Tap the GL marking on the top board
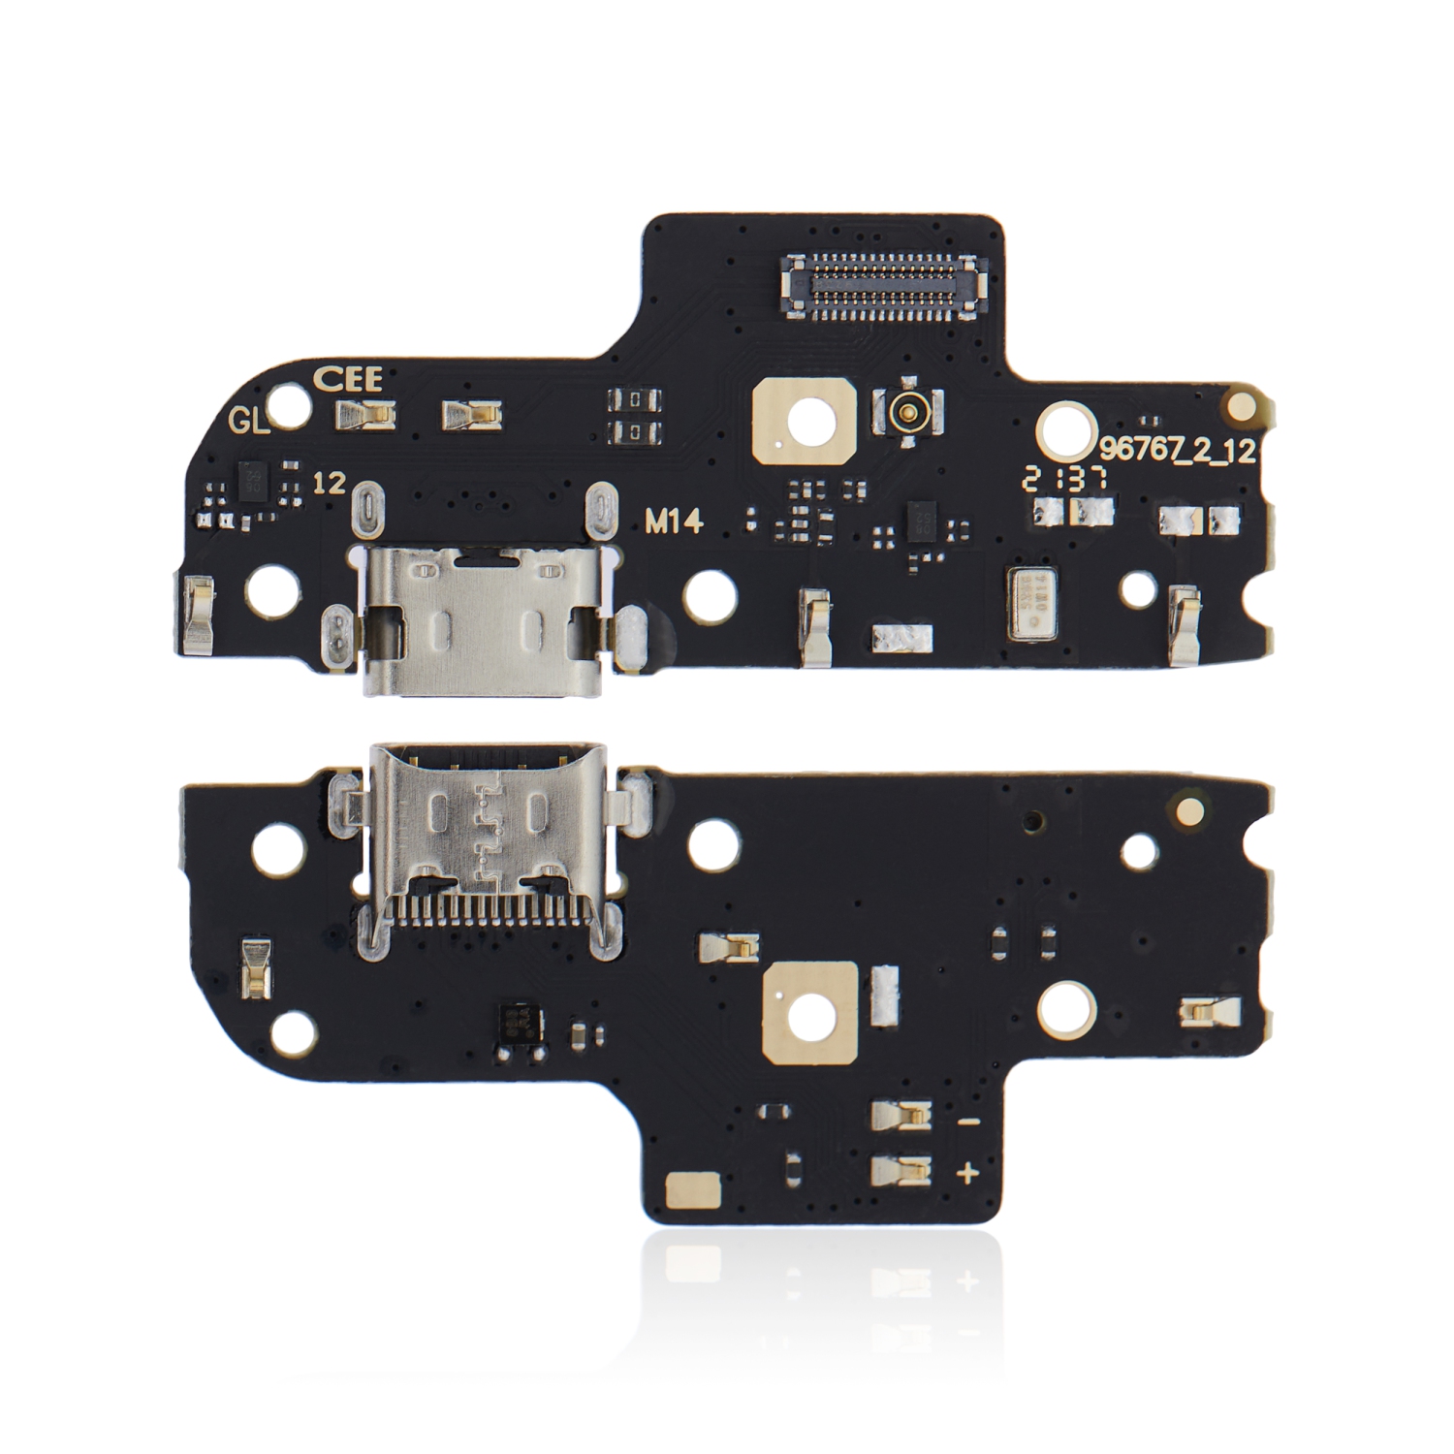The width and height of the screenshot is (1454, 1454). (247, 420)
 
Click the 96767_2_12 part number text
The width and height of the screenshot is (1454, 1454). (1178, 450)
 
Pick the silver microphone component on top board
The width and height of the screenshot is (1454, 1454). (1033, 605)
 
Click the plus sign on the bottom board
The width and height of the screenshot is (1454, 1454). (967, 1174)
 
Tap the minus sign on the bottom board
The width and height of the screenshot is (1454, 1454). (967, 1122)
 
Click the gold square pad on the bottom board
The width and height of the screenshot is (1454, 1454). (811, 1011)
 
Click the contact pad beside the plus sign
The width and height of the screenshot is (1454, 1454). (901, 1172)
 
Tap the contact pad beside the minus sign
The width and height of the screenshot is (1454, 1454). (901, 1117)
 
